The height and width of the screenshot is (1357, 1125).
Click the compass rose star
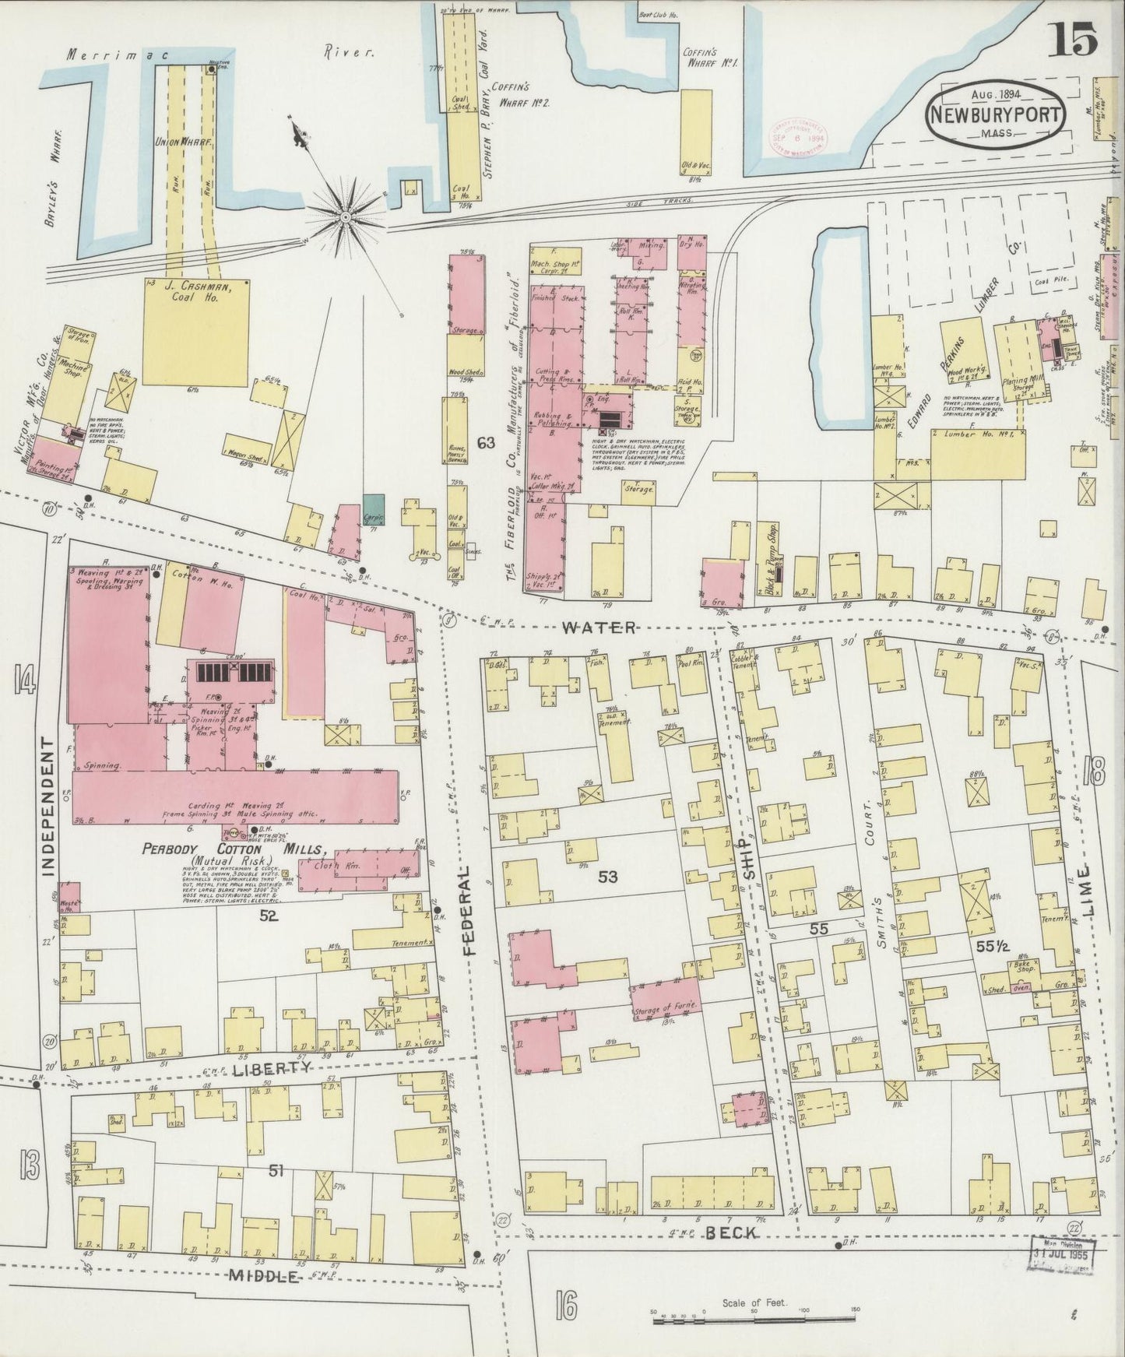343,213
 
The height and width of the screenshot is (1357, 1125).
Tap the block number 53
608,877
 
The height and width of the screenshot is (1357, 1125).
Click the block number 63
487,443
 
